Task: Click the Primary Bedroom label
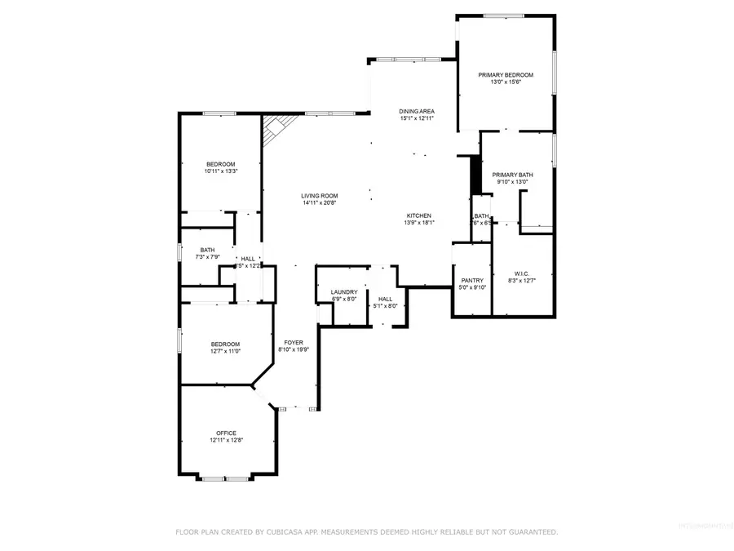(506, 74)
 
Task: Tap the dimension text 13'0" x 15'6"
(506, 82)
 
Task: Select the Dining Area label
(416, 111)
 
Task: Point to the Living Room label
(320, 195)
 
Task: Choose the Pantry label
(473, 280)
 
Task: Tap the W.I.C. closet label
(522, 273)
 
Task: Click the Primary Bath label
(513, 175)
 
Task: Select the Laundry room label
(343, 292)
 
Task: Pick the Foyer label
(294, 342)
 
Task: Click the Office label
(226, 433)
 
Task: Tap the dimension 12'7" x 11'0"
(225, 351)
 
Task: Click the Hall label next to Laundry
(386, 299)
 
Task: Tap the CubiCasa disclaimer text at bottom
(367, 531)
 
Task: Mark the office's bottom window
(226, 478)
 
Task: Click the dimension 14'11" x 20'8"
(320, 202)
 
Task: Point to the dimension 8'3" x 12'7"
(522, 281)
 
